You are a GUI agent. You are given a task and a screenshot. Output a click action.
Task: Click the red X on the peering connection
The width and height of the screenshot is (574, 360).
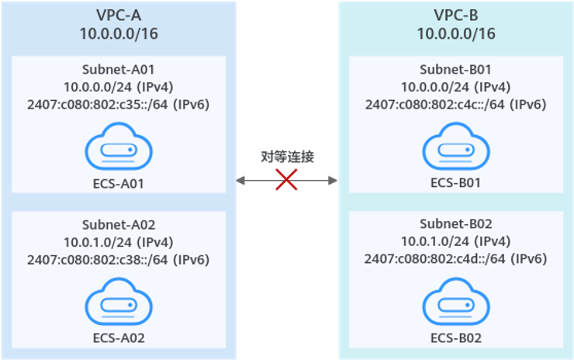[287, 181]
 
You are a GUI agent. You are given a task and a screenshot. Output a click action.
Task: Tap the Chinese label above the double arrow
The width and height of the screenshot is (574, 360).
[287, 157]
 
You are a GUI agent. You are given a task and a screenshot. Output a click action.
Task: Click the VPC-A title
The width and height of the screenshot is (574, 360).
[118, 15]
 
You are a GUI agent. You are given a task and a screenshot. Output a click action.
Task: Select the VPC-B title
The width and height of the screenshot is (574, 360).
[455, 15]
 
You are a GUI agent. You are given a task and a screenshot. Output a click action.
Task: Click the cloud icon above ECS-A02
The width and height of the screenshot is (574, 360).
[118, 301]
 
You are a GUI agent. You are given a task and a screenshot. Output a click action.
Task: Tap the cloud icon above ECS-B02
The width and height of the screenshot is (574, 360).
[455, 301]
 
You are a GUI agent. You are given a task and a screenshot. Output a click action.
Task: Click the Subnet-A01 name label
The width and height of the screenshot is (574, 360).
[118, 68]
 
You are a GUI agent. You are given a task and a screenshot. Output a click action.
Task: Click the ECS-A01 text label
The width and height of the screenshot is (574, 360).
[118, 184]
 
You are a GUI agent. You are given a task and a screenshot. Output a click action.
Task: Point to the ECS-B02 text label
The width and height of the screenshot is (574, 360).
[455, 338]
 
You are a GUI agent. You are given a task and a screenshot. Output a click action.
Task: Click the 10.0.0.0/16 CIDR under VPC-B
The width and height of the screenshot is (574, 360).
[455, 34]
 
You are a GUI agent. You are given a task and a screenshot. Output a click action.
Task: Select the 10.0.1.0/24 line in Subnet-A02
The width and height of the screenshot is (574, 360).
[118, 241]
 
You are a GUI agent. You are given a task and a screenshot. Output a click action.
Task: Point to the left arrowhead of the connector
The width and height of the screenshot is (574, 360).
[240, 181]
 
